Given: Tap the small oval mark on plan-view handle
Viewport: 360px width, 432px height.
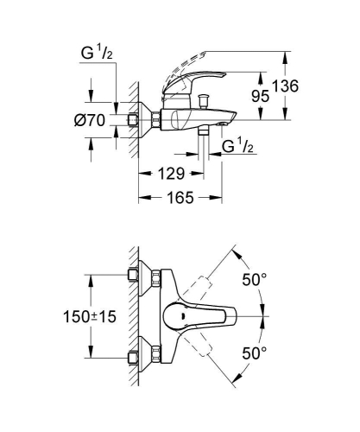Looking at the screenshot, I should pyautogui.click(x=186, y=316).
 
